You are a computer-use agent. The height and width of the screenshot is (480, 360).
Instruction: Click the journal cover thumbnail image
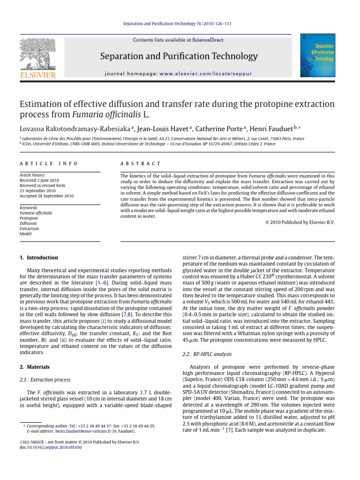317,56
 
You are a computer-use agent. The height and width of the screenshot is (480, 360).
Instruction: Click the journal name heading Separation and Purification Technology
179,57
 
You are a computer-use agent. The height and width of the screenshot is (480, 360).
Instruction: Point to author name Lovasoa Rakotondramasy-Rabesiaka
74,127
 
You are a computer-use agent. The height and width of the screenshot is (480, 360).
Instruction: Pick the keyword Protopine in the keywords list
29,218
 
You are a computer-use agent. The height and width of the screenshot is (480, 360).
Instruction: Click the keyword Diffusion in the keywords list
29,223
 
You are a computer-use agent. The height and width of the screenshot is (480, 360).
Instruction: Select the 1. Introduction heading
39,257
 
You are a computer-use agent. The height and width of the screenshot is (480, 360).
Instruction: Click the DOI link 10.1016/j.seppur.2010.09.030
54,447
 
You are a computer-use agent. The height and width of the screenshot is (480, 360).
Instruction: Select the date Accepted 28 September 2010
46,196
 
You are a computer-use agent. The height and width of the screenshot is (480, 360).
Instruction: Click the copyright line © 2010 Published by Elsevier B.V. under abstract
297,222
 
